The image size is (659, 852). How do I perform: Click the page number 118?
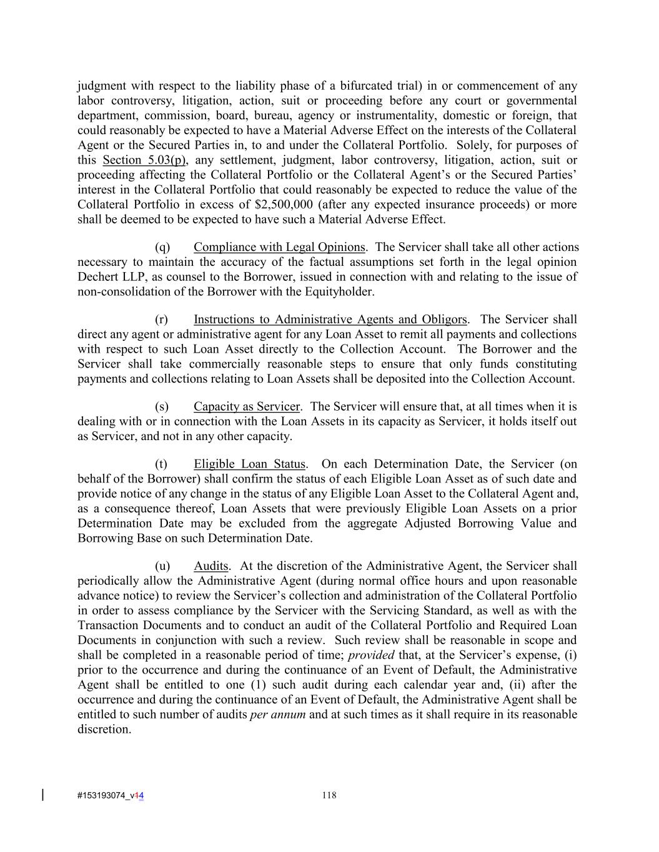tap(329, 795)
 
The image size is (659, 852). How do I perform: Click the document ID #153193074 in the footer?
tap(100, 795)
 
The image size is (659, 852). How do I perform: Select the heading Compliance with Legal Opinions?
tap(279, 247)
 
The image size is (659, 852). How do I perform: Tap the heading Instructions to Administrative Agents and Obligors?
tap(330, 320)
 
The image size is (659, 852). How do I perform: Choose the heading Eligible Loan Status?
tap(249, 464)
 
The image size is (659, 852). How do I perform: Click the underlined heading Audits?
tap(211, 566)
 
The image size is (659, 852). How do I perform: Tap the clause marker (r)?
tap(162, 320)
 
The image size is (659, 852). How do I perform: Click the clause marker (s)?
tap(162, 407)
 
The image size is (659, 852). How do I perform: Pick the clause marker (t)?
tap(161, 464)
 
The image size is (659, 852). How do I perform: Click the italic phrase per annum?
tap(277, 715)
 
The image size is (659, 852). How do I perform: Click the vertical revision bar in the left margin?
tap(42, 795)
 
